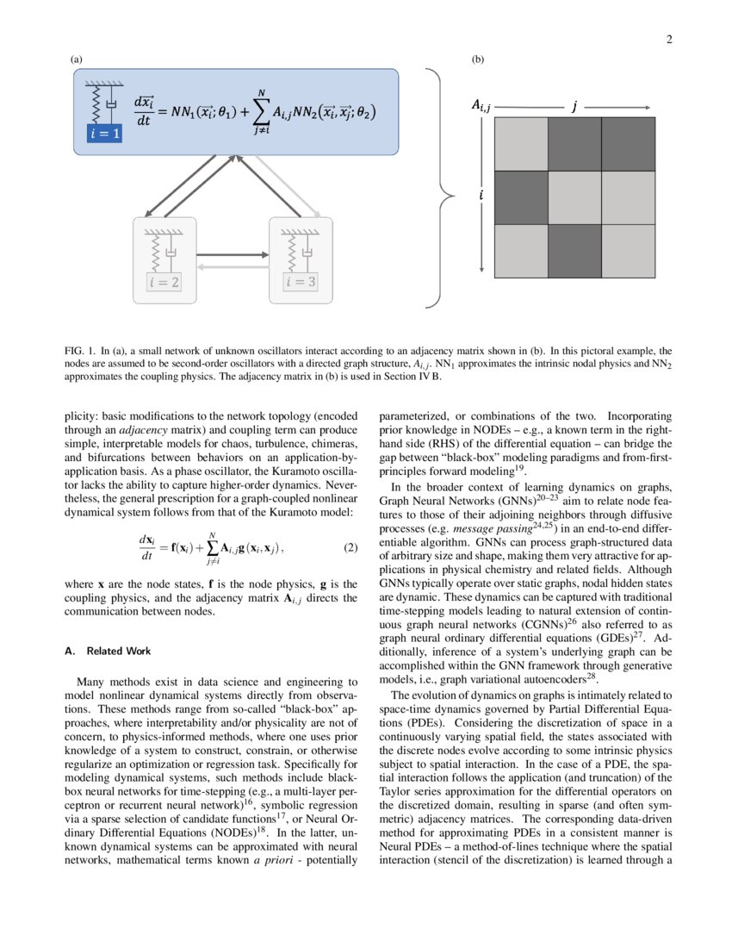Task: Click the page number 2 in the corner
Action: point(668,39)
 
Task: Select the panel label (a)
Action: point(76,59)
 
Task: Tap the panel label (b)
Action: point(479,59)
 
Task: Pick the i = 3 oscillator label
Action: point(301,281)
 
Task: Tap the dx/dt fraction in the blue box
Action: point(144,113)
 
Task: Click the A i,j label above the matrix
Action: point(480,105)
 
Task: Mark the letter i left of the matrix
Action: point(481,196)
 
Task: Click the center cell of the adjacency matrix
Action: point(574,197)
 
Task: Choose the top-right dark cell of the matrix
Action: point(628,144)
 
